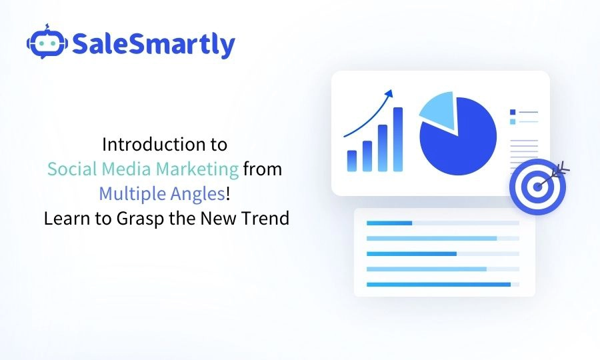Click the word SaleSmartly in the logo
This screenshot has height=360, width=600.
pyautogui.click(x=153, y=44)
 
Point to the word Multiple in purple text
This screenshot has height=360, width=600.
pyautogui.click(x=127, y=194)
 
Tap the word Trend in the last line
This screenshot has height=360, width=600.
pyautogui.click(x=267, y=218)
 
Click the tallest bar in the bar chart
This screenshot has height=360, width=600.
pyautogui.click(x=398, y=139)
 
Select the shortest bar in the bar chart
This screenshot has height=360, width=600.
pyautogui.click(x=351, y=161)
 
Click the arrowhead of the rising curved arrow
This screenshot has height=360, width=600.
pyautogui.click(x=390, y=93)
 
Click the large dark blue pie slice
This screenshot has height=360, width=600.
pyautogui.click(x=460, y=142)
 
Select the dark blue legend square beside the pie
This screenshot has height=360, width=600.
pyautogui.click(x=513, y=112)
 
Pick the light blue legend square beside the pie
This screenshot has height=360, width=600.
pyautogui.click(x=513, y=121)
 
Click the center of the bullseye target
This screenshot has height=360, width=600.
pyautogui.click(x=537, y=187)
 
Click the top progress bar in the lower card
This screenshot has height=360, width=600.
pyautogui.click(x=390, y=223)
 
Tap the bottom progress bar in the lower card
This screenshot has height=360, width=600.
pyautogui.click(x=438, y=285)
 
